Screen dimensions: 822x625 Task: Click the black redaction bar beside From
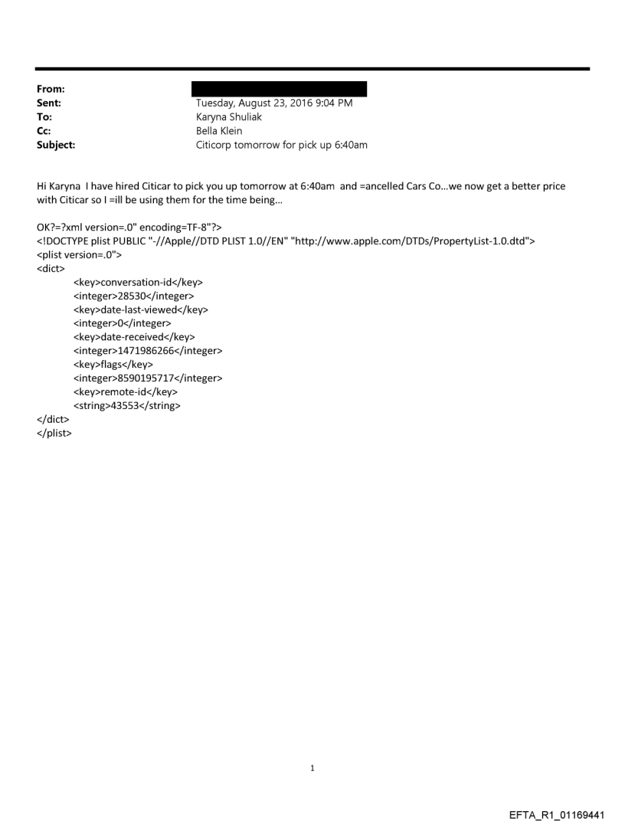281,89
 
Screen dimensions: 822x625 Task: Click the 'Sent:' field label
51,103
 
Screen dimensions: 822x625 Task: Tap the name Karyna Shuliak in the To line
229,117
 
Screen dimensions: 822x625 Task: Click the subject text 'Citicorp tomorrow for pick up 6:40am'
282,145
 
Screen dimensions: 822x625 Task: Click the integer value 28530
134,296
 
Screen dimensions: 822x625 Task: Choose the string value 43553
127,406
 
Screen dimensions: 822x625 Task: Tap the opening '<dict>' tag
52,268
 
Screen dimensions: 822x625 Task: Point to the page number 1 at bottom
312,768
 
